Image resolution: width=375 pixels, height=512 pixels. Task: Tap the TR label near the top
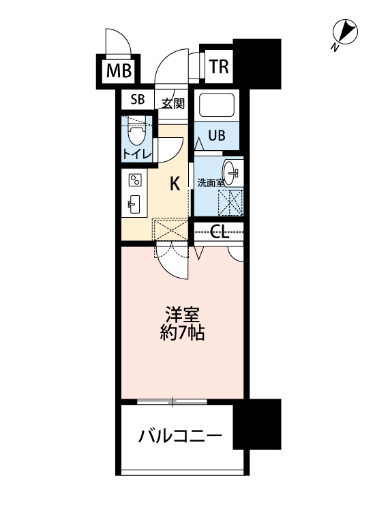218,66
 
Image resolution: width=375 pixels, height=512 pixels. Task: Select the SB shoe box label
138,100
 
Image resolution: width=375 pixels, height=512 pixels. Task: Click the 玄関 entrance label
172,104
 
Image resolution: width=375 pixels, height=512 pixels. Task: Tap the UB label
216,135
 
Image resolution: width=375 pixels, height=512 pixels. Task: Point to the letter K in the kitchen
175,183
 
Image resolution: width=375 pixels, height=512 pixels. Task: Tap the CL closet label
219,232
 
